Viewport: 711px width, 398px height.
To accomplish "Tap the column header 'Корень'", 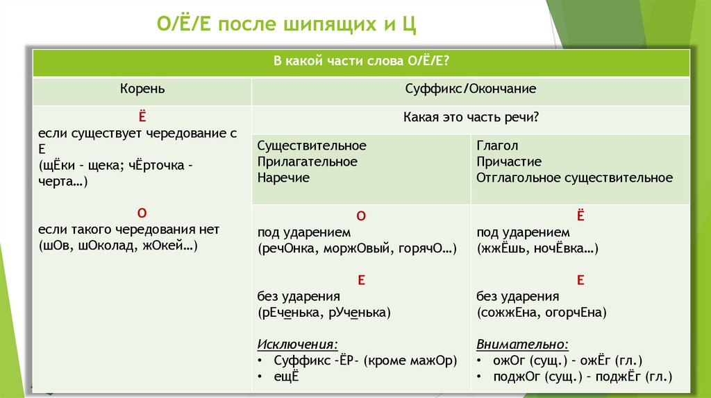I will pos(142,89).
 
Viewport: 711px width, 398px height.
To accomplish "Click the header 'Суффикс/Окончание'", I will pos(471,89).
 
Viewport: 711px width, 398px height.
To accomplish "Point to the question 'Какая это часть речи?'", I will pos(471,118).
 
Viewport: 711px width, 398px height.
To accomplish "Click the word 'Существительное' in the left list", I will pos(312,146).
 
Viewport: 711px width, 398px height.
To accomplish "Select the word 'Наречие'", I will pos(283,178).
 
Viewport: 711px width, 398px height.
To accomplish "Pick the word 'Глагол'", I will pos(497,146).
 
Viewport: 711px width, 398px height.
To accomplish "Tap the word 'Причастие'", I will pos(509,162).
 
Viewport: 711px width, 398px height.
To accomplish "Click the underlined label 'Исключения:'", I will pos(298,344).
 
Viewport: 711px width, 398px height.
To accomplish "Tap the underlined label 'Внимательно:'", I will pos(522,344).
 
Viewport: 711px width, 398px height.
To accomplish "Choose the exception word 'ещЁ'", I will pos(286,377).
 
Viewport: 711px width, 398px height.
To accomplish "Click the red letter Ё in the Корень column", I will pos(142,116).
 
